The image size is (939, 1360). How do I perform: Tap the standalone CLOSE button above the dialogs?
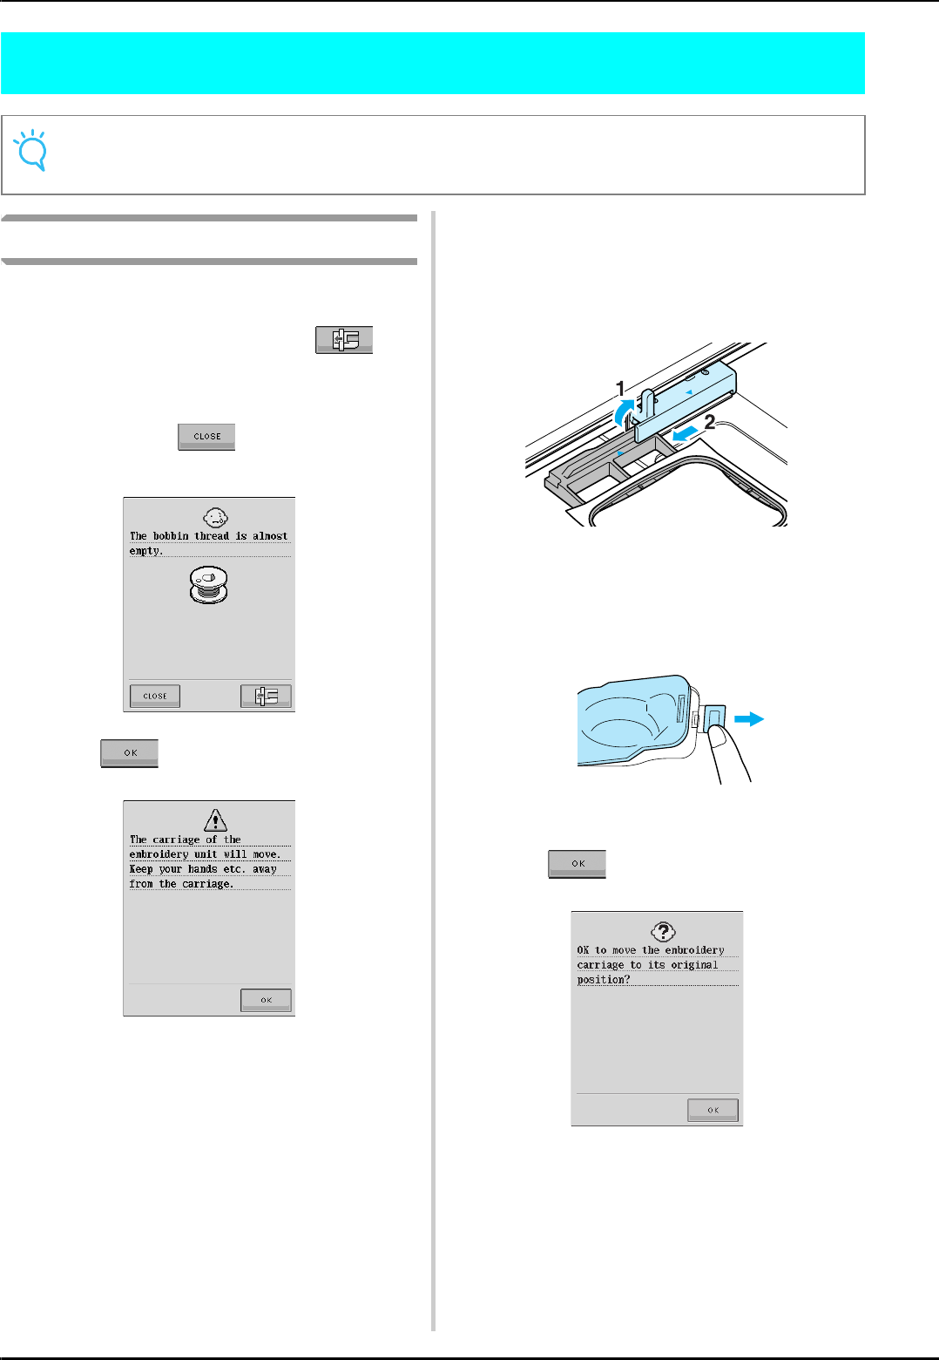click(x=206, y=436)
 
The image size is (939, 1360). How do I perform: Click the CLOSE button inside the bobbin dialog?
click(x=155, y=696)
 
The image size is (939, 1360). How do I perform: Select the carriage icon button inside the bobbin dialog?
click(x=266, y=696)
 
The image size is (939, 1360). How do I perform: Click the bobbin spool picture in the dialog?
click(x=209, y=583)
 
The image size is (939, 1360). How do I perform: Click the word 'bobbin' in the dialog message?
click(x=171, y=536)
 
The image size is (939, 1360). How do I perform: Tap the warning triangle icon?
click(x=215, y=819)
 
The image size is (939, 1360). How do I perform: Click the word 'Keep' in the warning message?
click(x=140, y=869)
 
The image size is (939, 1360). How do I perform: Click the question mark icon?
click(x=664, y=931)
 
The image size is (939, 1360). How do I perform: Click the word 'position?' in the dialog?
click(x=603, y=980)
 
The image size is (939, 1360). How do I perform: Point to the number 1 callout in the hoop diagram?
click(x=620, y=388)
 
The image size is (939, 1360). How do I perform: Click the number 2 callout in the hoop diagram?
click(x=710, y=422)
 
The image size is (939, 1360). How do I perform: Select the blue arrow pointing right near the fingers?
click(x=749, y=719)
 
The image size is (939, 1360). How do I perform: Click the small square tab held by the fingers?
click(x=714, y=719)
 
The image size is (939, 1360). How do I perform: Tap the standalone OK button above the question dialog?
click(x=577, y=863)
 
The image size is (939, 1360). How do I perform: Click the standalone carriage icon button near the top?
click(x=344, y=339)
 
